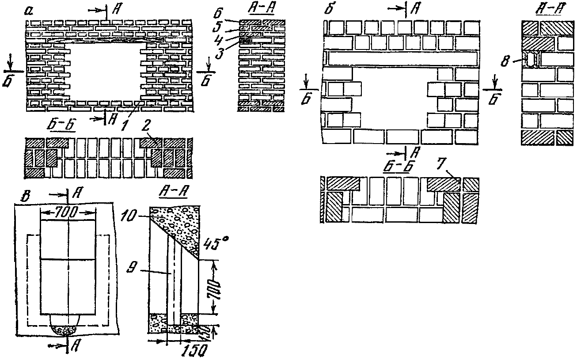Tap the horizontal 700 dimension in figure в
pyautogui.click(x=68, y=213)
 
